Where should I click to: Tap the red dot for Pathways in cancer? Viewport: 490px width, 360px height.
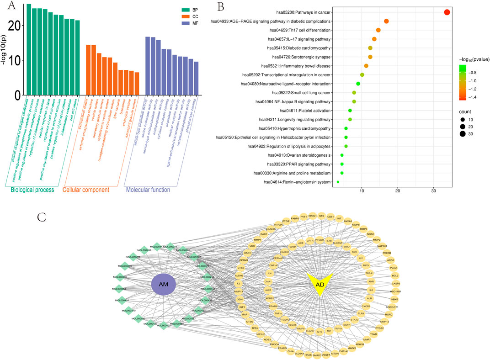point(447,12)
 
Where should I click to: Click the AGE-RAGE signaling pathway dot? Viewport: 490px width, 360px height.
point(386,21)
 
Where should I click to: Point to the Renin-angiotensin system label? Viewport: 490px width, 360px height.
point(299,182)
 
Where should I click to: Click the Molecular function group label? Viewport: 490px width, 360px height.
point(148,190)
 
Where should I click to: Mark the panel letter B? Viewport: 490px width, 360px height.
point(220,6)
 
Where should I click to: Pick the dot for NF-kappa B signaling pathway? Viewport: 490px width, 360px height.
point(354,101)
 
